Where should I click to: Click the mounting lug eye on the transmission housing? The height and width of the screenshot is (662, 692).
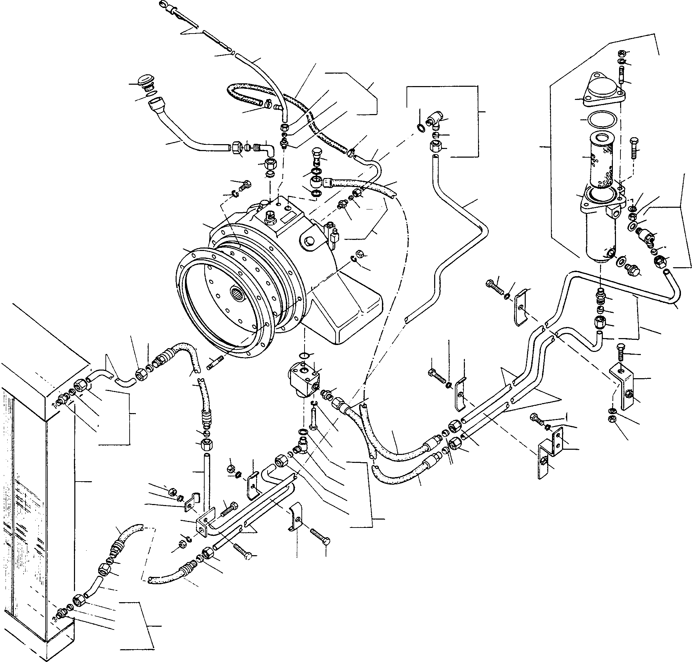pos(309,241)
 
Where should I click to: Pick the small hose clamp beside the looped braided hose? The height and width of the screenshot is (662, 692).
pos(269,104)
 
